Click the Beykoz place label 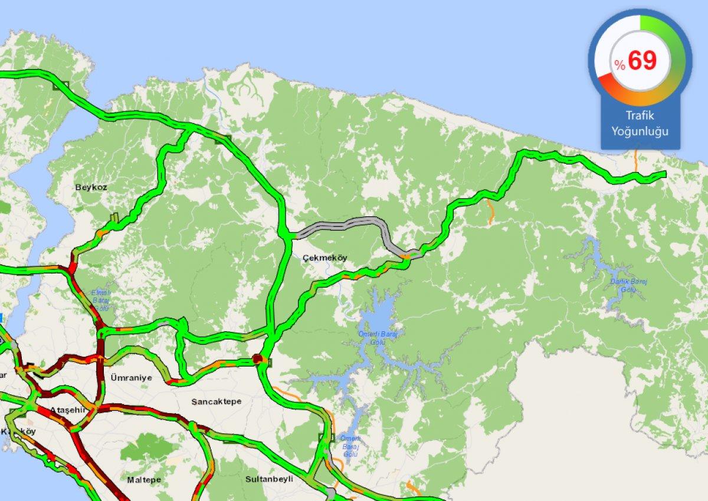(x=91, y=187)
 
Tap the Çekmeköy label (x=324, y=258)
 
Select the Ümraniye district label (x=131, y=378)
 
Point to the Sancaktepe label (x=216, y=401)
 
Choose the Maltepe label (x=144, y=480)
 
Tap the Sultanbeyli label (x=269, y=479)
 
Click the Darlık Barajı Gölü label (x=629, y=285)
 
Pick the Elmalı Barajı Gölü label (x=101, y=296)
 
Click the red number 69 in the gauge (x=642, y=61)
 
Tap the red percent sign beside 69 (x=619, y=65)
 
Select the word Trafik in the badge (x=640, y=116)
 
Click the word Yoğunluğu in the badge (x=640, y=131)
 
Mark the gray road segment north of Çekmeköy (x=342, y=225)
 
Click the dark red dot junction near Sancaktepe (x=257, y=358)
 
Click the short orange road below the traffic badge (x=636, y=160)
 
